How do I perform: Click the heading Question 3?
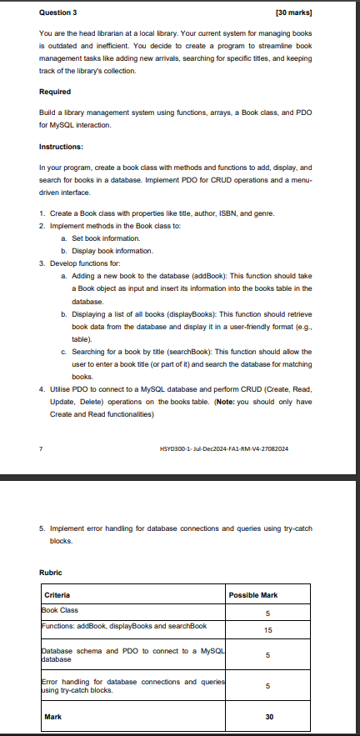coord(57,13)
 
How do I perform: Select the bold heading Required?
coord(55,91)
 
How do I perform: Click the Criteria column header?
coord(58,595)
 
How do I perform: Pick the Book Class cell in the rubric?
coord(61,609)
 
